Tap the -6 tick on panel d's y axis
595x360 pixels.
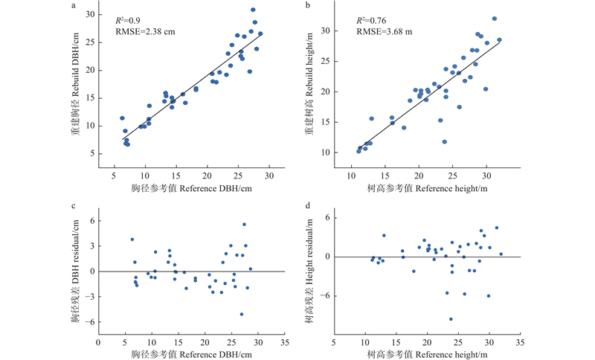click(326, 296)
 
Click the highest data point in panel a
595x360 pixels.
click(253, 10)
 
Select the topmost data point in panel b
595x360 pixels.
click(494, 19)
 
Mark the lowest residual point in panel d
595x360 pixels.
click(451, 319)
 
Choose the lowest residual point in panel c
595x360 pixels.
click(242, 315)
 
